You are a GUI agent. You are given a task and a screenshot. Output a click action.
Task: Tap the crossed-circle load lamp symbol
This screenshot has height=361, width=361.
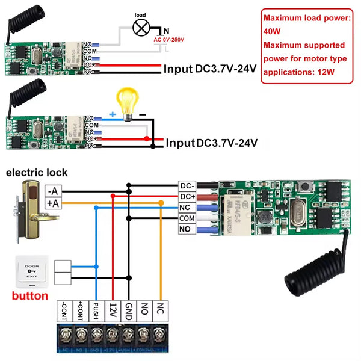click(141, 28)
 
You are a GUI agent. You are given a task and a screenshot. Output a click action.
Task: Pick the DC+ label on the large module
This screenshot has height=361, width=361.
click(187, 197)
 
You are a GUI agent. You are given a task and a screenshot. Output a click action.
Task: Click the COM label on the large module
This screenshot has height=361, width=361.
click(187, 218)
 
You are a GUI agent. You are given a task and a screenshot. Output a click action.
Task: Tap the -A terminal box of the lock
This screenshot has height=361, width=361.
click(54, 191)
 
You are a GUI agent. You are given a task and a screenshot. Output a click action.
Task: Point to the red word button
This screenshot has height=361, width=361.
click(29, 296)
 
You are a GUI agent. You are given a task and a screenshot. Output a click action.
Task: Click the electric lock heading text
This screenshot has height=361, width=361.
click(37, 173)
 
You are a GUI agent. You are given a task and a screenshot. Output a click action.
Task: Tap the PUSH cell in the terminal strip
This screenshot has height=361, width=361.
click(96, 312)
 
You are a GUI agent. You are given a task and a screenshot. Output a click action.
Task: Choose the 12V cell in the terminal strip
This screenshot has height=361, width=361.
click(112, 312)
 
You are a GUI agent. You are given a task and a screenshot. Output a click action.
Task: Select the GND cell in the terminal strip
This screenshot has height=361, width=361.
click(128, 312)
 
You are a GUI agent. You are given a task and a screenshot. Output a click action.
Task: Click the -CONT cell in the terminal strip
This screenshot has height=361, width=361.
click(64, 312)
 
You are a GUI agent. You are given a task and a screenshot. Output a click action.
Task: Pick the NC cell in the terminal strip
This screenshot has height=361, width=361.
click(160, 312)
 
